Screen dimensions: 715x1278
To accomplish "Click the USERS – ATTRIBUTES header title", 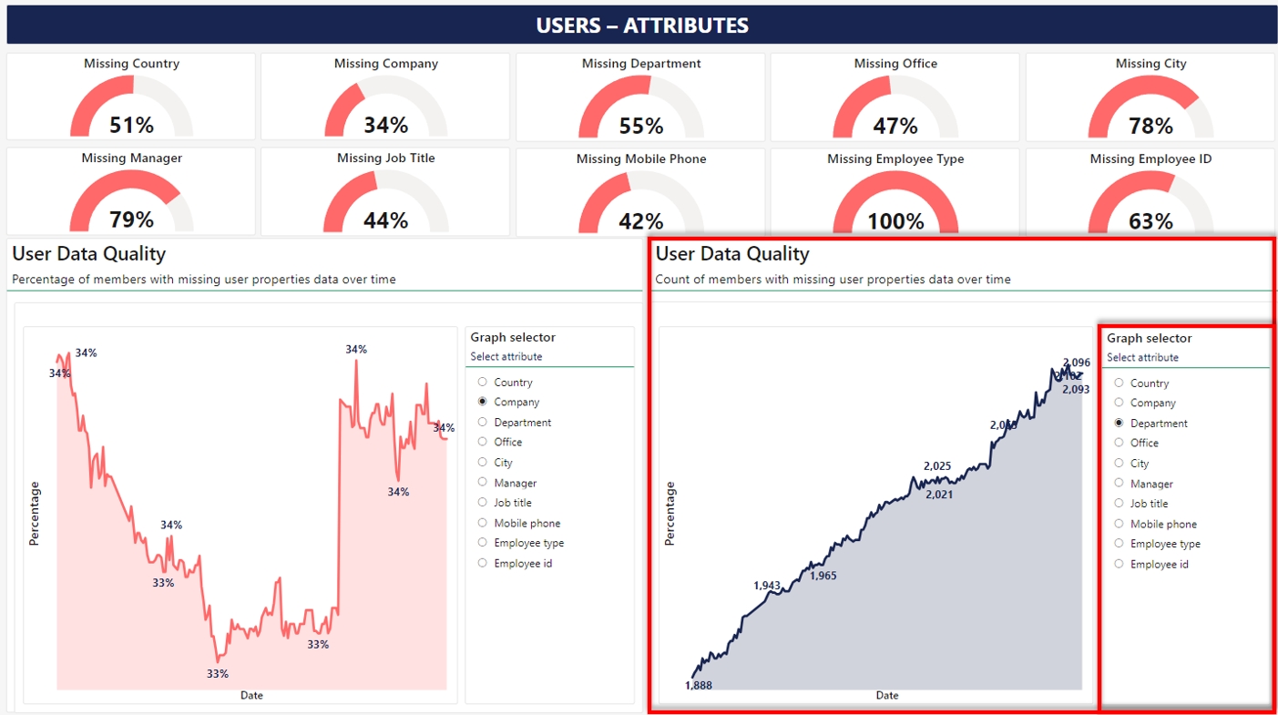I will pos(641,26).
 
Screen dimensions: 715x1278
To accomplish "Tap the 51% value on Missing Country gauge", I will pos(131,125).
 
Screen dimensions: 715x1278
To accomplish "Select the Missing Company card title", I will pos(385,64).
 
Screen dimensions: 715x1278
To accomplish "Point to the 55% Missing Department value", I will pos(641,126).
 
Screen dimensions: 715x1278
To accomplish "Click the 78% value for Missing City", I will pos(1150,126).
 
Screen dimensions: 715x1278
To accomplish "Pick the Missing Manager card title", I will pos(131,158).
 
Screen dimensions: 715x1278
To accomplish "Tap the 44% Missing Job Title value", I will pos(385,220).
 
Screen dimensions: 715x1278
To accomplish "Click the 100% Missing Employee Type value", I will pos(895,221).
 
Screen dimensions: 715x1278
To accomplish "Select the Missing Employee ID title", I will pos(1150,159).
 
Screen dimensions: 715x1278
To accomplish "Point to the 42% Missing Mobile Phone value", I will pos(641,221).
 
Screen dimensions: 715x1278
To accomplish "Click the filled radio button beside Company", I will pos(482,402).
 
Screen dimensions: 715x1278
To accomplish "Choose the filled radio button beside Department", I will pos(1119,424).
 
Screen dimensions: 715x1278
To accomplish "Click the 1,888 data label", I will pos(699,685).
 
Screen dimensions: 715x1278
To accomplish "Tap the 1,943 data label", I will pos(767,585).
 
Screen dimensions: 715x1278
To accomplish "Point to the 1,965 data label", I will pos(823,576).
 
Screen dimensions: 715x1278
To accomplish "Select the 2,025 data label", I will pos(937,466).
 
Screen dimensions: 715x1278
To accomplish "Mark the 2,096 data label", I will pos(1077,363).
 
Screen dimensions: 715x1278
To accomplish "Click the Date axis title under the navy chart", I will pos(886,696).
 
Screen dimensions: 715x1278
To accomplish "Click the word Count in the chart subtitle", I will pos(670,280).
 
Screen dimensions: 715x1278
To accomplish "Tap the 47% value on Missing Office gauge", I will pos(895,126).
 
